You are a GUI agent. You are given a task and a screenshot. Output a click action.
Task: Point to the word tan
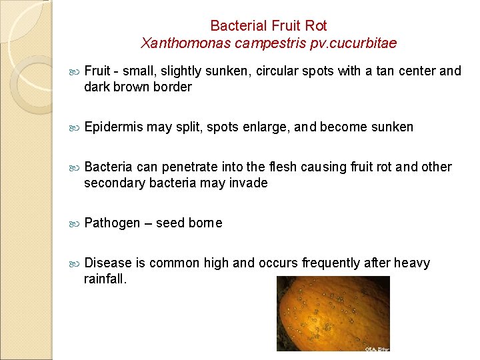pyautogui.click(x=387, y=71)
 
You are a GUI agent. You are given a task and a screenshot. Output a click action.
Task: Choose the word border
pyautogui.click(x=172, y=87)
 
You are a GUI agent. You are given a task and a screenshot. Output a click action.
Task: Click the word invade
pyautogui.click(x=249, y=183)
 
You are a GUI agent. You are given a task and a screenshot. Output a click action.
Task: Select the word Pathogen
pyautogui.click(x=113, y=223)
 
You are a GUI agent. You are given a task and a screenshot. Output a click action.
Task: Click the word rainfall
pyautogui.click(x=104, y=279)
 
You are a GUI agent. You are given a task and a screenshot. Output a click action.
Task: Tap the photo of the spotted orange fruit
pyautogui.click(x=333, y=313)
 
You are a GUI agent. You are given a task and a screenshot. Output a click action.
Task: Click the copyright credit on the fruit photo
pyautogui.click(x=377, y=348)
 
